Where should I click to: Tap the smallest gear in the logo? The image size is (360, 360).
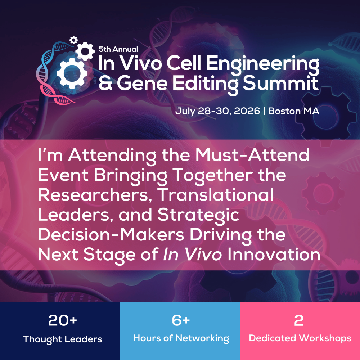[x=73, y=40]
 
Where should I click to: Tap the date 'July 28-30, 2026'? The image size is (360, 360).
[x=217, y=111]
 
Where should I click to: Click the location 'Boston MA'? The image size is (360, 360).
[x=294, y=111]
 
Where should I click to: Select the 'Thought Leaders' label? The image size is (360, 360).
[x=63, y=339]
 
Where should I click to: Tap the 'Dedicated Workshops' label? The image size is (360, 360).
[x=300, y=338]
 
